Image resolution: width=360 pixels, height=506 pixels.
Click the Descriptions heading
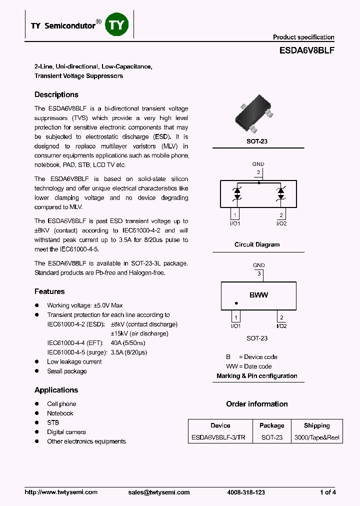tap(56, 94)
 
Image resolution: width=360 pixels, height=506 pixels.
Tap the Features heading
tap(49, 291)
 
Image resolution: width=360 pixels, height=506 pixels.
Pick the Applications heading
tap(56, 390)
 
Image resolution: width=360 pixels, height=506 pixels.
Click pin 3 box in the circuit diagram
tap(258, 173)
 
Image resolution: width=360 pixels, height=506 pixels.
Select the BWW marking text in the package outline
tap(258, 295)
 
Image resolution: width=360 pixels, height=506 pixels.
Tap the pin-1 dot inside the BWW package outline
tap(236, 303)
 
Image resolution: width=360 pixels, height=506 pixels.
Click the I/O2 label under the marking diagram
tap(281, 326)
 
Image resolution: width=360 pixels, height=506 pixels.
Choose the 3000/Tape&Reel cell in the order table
tap(316, 437)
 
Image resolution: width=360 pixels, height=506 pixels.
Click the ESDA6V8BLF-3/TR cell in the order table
tap(218, 437)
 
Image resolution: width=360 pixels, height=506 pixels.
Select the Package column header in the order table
tap(271, 425)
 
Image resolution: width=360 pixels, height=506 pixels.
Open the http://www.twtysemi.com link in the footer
tap(61, 492)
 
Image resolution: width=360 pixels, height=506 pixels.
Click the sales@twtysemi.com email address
tap(159, 492)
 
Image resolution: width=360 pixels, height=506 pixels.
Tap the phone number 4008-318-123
tap(246, 492)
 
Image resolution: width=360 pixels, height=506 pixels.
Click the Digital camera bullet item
tap(66, 432)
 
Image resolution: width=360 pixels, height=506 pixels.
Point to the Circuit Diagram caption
tap(257, 244)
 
